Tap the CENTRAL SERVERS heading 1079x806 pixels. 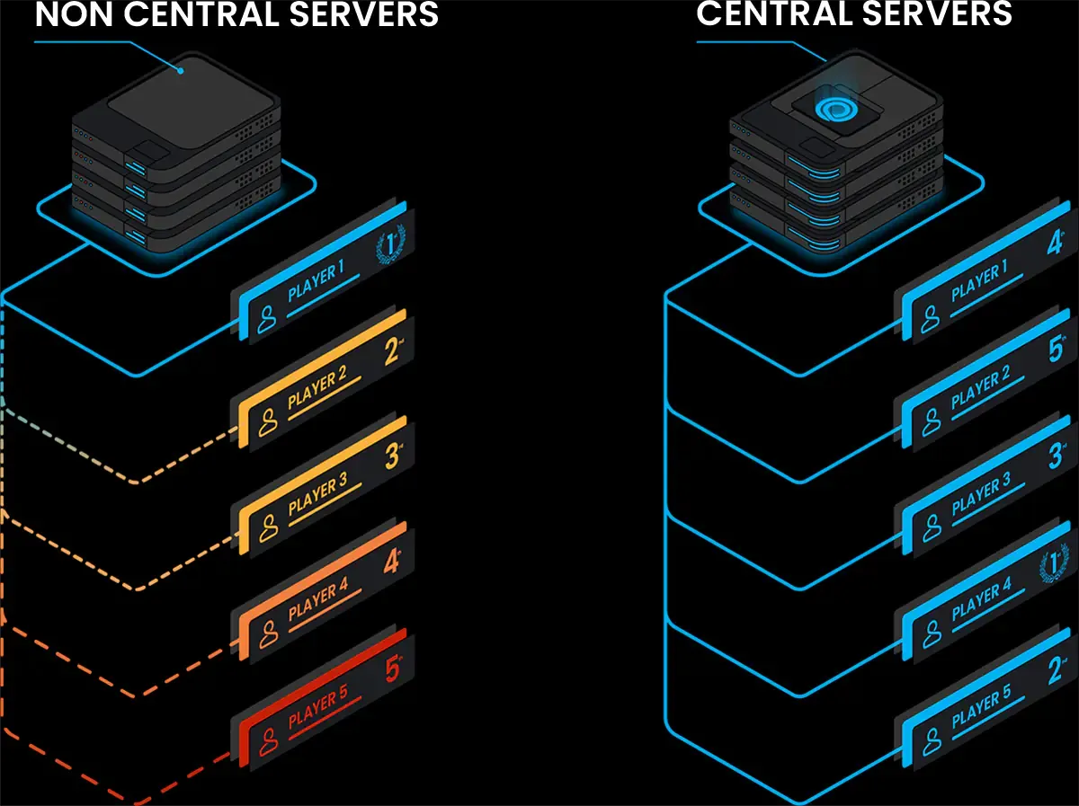coord(854,13)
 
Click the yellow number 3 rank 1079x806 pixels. coord(392,456)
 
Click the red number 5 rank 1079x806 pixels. coord(392,669)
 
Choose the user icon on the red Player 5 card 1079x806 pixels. coord(267,741)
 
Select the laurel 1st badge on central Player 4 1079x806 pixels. coord(1052,566)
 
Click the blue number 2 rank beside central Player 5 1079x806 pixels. coord(1056,669)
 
